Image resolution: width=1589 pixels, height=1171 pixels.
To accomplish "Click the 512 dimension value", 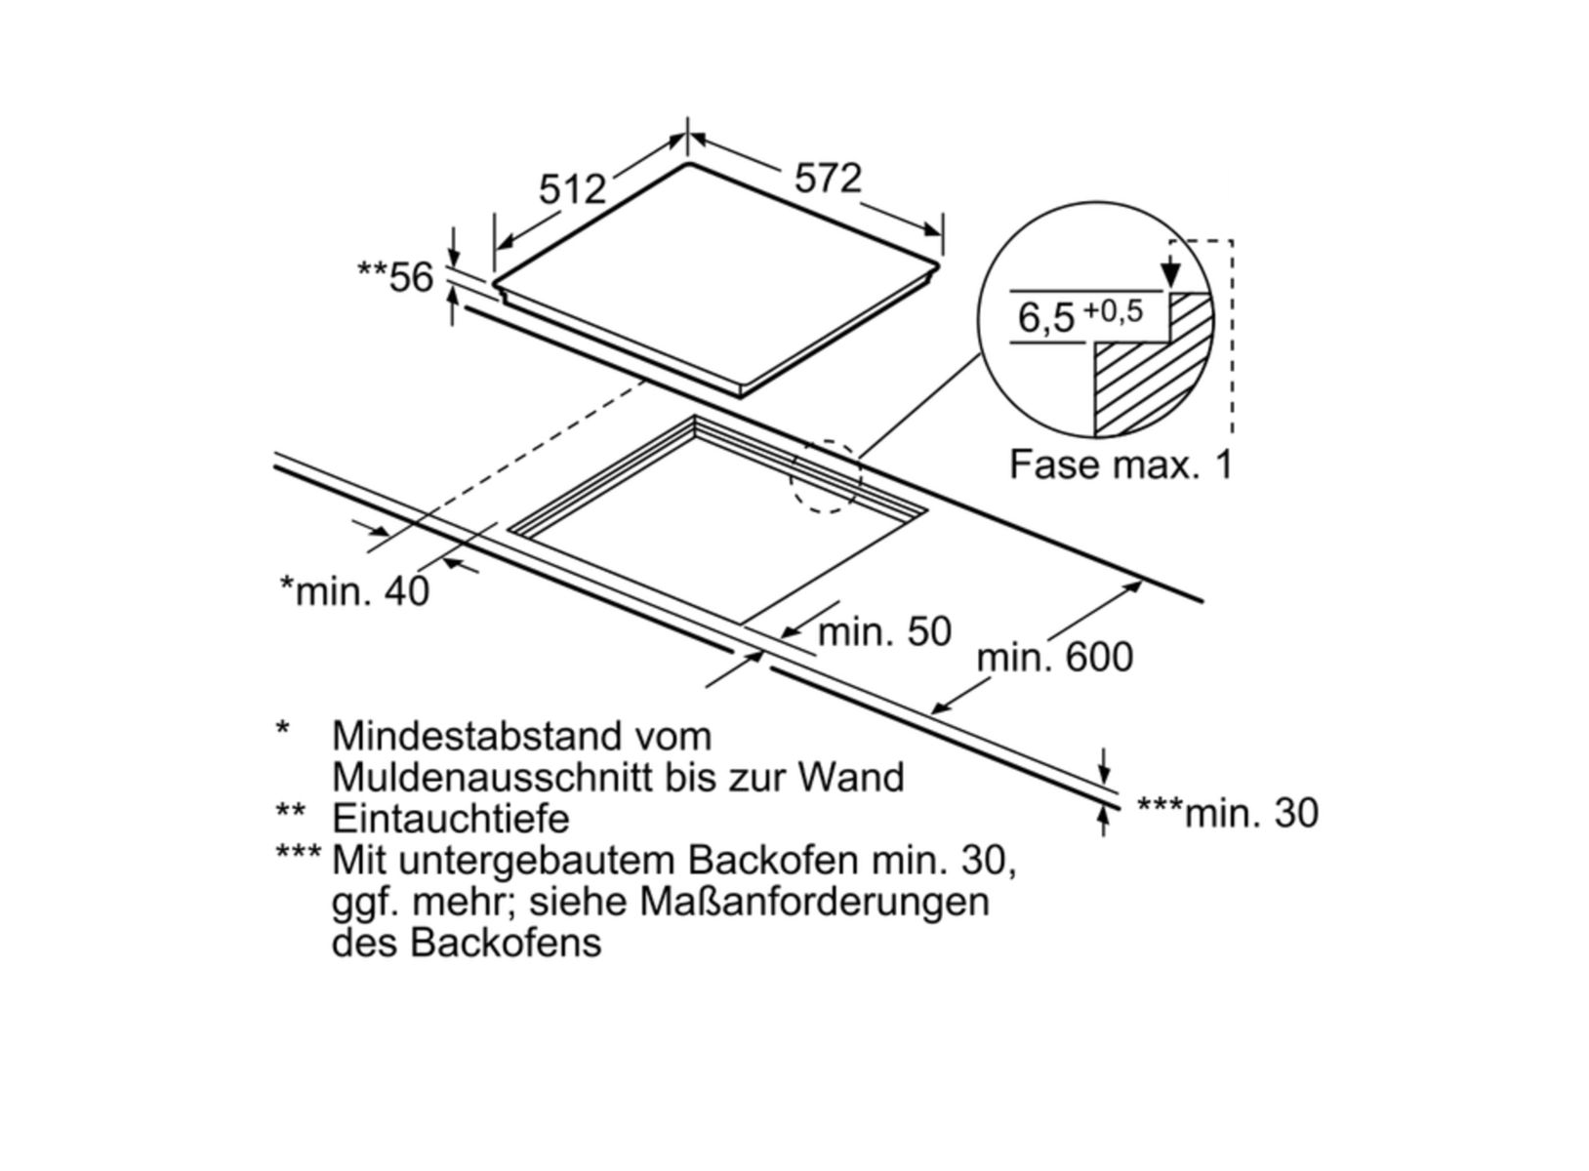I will [x=573, y=188].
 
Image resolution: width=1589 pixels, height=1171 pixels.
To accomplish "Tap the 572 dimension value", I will [x=828, y=179].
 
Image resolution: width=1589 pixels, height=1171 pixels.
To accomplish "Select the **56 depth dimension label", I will [x=395, y=278].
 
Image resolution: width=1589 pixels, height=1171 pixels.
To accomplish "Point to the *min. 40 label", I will [x=354, y=590].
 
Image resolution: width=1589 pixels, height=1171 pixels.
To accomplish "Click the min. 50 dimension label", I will [x=884, y=632].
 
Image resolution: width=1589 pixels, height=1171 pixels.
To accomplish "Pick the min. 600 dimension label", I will [x=1055, y=657].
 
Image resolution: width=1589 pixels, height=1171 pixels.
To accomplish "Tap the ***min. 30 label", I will [x=1228, y=813].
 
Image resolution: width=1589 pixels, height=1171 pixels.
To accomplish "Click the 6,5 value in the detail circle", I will [x=1045, y=318].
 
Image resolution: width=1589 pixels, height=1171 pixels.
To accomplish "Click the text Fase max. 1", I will [x=1120, y=464].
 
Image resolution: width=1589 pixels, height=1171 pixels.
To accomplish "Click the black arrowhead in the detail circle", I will [x=1171, y=274].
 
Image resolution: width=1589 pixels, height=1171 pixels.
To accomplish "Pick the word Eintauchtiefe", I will [x=450, y=818].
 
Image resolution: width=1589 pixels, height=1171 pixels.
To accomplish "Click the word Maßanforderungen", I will [x=814, y=902].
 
